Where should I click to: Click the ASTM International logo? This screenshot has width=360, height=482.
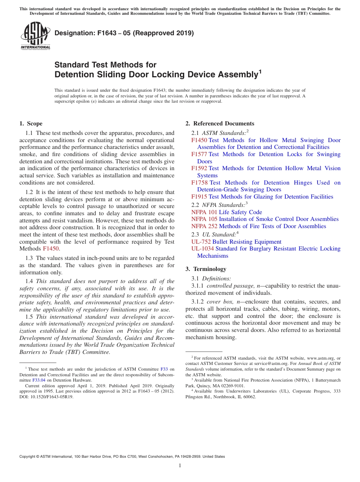(35, 36)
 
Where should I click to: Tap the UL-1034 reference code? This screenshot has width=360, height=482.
(202, 249)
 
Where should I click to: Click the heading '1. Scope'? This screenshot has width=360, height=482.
(31, 124)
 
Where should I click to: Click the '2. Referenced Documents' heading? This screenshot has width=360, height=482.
(220, 124)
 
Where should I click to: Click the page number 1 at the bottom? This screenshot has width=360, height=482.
(180, 465)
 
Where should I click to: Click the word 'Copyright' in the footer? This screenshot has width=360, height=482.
(28, 457)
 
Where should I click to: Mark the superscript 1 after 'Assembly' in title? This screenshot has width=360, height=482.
(260, 71)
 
